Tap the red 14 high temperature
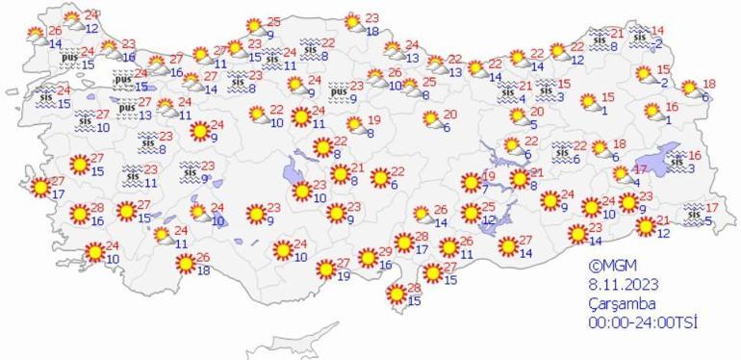click(657, 30)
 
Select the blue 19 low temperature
click(345, 277)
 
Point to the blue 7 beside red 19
click(486, 189)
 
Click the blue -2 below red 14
click(657, 44)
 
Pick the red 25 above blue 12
click(488, 207)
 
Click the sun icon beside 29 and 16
click(367, 258)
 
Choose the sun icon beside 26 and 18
click(178, 264)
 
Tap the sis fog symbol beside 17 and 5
click(694, 214)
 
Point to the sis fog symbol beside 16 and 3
click(677, 162)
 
